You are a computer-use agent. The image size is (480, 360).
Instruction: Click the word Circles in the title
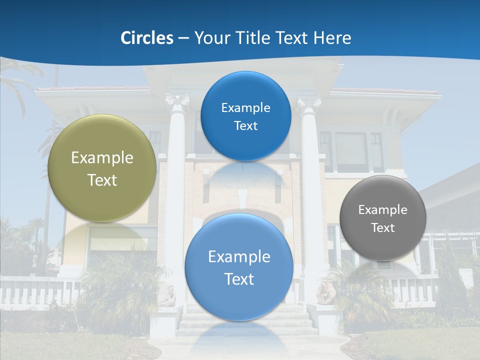point(147,38)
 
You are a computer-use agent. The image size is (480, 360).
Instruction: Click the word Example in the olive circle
point(102,158)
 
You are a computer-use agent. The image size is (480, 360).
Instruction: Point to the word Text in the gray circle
point(383,228)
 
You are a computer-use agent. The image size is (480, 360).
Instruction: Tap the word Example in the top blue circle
point(245,108)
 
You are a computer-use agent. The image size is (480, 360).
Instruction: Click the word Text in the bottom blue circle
point(239,279)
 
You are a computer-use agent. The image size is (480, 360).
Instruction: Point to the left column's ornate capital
point(177,101)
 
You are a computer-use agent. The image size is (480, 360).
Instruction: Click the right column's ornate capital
point(309,103)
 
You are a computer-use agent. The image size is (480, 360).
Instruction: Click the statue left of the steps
point(167,295)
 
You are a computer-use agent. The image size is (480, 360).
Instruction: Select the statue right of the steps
point(325,293)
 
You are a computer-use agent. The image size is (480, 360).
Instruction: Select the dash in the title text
point(183,38)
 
